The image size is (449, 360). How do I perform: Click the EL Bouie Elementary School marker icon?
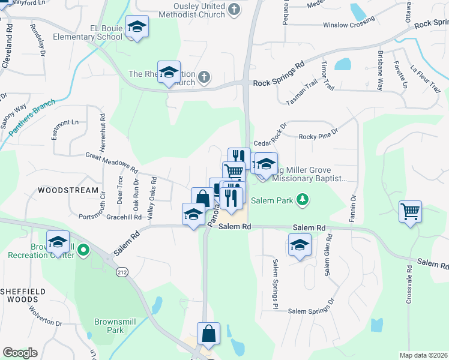[137, 27]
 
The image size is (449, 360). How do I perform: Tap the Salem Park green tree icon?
[304, 200]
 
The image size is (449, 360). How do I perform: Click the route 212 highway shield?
[122, 273]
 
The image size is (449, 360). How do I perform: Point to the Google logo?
[20, 353]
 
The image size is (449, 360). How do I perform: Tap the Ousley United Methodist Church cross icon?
[234, 10]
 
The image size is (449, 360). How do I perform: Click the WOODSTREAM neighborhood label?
[67, 190]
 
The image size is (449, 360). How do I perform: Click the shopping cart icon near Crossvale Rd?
[411, 211]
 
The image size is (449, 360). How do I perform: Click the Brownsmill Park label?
[109, 325]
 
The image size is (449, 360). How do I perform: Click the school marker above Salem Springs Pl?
[300, 245]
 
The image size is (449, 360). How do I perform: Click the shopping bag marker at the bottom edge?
[208, 334]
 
